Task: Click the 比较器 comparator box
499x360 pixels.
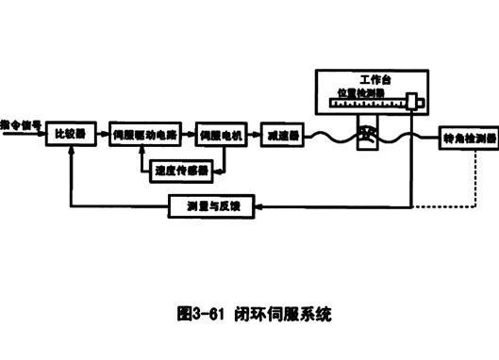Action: click(x=71, y=135)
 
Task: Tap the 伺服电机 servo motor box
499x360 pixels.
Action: click(x=220, y=135)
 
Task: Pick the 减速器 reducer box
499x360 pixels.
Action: click(x=282, y=135)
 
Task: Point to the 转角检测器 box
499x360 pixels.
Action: click(x=468, y=139)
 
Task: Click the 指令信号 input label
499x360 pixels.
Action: click(x=20, y=123)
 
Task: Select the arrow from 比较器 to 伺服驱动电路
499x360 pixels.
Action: click(x=100, y=135)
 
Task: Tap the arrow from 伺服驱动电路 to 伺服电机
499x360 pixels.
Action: click(x=190, y=135)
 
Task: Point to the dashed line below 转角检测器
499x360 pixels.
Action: click(x=468, y=179)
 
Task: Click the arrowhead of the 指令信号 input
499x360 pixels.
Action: click(x=42, y=135)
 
